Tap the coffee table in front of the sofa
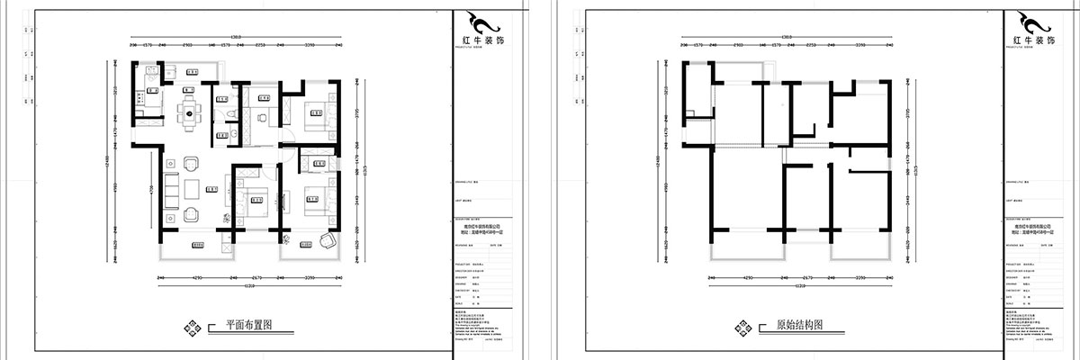click(x=191, y=189)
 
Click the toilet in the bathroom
click(x=231, y=112)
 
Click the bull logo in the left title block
click(x=474, y=22)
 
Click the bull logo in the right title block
click(x=1027, y=22)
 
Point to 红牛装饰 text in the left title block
click(x=474, y=42)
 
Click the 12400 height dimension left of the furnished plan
click(x=112, y=162)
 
